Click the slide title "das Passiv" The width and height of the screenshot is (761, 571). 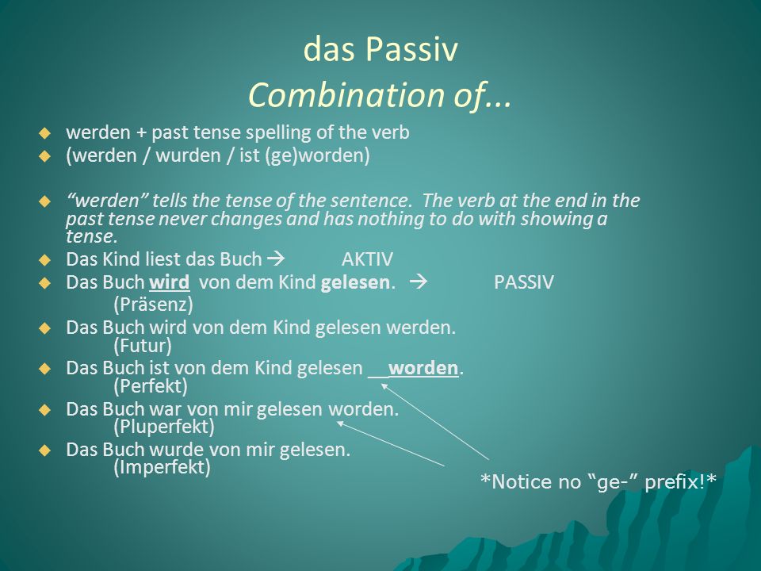click(x=380, y=49)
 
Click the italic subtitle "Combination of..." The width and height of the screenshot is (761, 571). click(x=380, y=94)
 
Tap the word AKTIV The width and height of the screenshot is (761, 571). click(x=367, y=259)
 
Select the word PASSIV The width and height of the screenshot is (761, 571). click(x=524, y=282)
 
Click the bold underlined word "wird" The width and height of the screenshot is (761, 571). click(x=170, y=282)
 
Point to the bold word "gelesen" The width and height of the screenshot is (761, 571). click(x=355, y=283)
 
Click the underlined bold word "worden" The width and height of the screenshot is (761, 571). click(x=423, y=368)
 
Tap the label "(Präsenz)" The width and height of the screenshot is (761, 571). click(x=153, y=305)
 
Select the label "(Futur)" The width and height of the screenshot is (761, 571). click(x=143, y=346)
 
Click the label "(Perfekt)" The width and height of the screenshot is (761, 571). click(x=151, y=386)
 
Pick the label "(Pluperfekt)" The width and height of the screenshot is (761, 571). click(x=164, y=427)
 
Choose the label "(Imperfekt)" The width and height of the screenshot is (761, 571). click(x=162, y=467)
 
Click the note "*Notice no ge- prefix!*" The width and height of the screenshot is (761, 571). click(x=598, y=481)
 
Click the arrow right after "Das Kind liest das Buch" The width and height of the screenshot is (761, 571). click(x=276, y=259)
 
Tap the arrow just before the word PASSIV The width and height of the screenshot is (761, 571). click(x=419, y=282)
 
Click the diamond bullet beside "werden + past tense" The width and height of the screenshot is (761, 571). click(x=44, y=133)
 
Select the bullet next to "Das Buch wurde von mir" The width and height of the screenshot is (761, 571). click(x=44, y=450)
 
